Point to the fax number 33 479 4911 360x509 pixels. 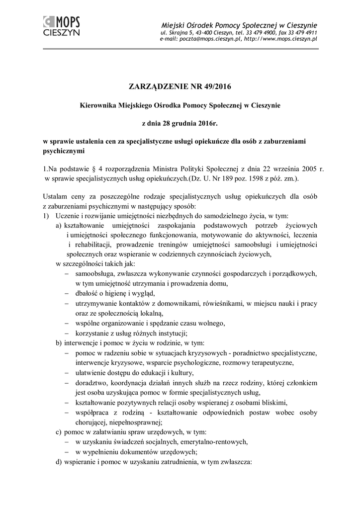pyautogui.click(x=300, y=32)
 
